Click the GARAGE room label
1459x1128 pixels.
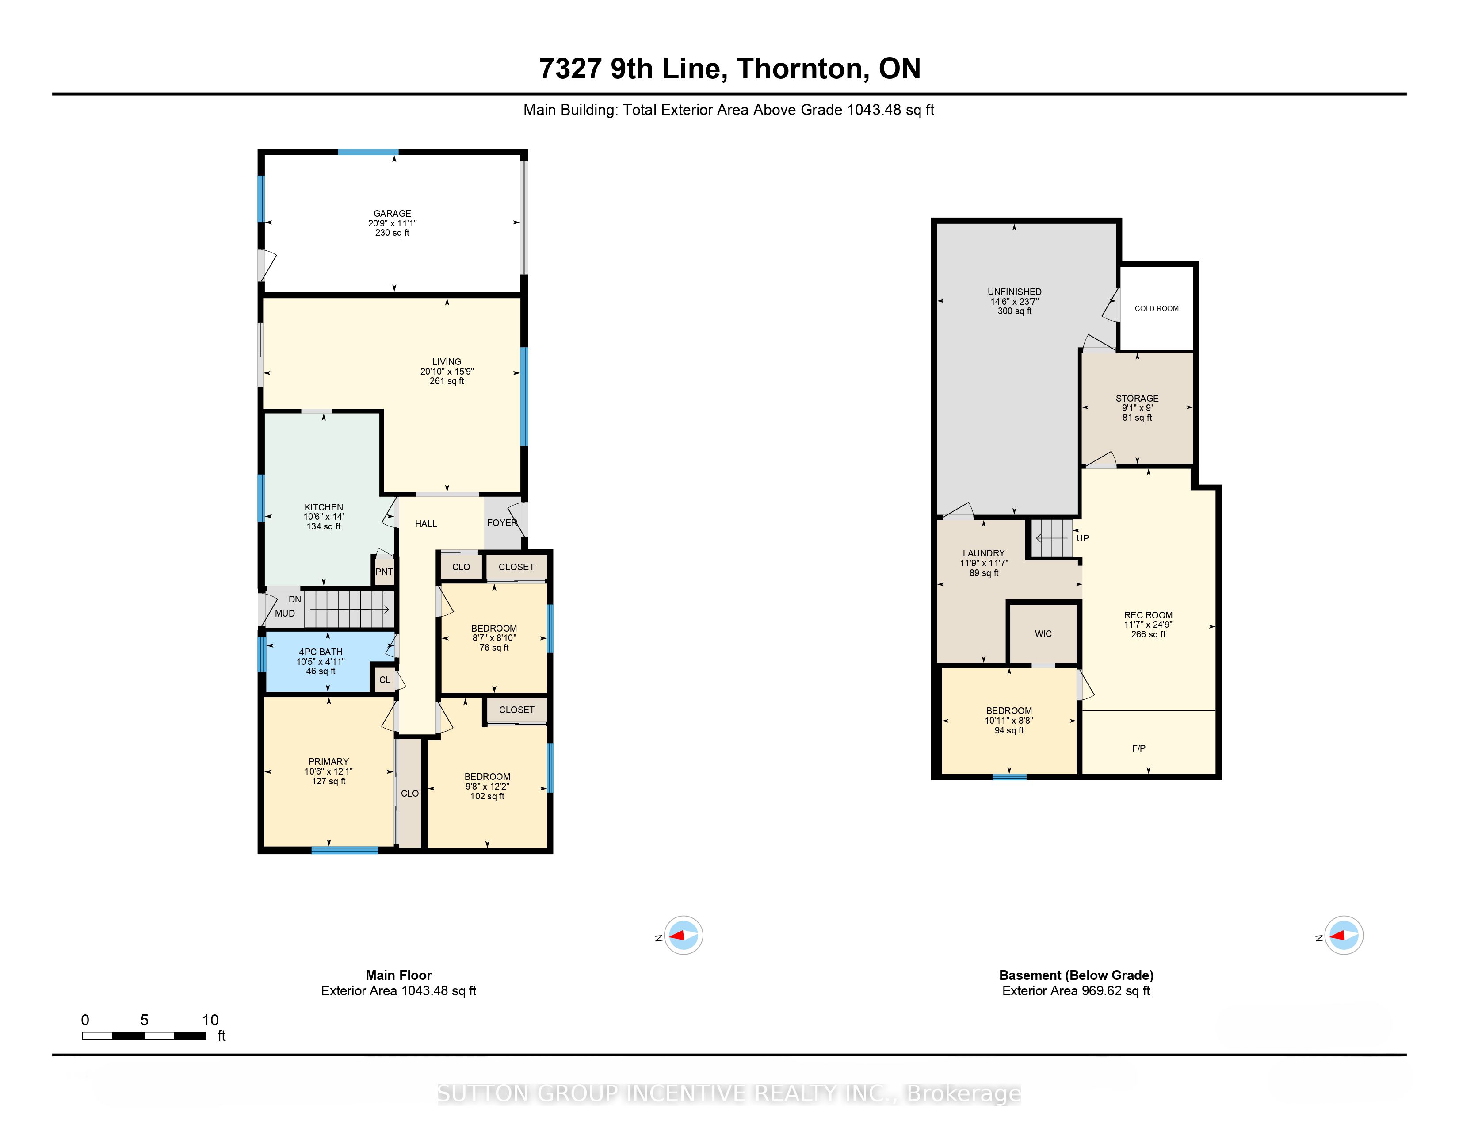point(392,213)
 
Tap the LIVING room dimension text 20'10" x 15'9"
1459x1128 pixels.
point(447,372)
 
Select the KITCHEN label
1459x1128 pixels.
point(324,507)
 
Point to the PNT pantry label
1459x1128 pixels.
point(384,572)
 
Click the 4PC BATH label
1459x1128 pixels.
point(321,652)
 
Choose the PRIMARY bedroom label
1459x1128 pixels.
point(328,761)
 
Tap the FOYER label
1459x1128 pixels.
point(502,522)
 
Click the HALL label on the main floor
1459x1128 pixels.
point(426,524)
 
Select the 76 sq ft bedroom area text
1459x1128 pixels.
point(494,648)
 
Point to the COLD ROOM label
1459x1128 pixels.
point(1157,308)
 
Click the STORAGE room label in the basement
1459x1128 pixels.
point(1137,398)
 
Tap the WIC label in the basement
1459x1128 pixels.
point(1043,633)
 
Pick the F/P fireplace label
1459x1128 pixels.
point(1139,748)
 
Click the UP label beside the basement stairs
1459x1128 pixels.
point(1083,538)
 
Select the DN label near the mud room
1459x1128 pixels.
point(294,599)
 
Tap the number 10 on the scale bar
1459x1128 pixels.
point(210,1020)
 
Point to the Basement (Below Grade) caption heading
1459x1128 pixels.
point(1076,975)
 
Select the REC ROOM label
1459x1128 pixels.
point(1148,615)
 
